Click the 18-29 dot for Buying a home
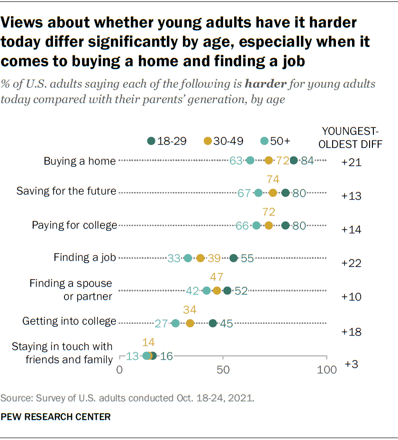click(294, 160)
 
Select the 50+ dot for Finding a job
click(188, 258)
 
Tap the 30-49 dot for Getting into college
click(190, 323)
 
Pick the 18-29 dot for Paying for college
click(285, 225)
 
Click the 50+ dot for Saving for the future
click(258, 192)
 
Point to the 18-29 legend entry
click(164, 141)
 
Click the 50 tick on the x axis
click(223, 369)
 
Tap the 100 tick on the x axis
click(326, 369)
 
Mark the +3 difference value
click(352, 364)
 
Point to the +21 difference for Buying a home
click(352, 163)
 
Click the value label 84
click(308, 160)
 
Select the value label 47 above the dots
click(217, 277)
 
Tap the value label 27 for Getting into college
click(162, 323)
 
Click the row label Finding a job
click(85, 258)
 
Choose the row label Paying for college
click(74, 225)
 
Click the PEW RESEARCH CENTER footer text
click(56, 417)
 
